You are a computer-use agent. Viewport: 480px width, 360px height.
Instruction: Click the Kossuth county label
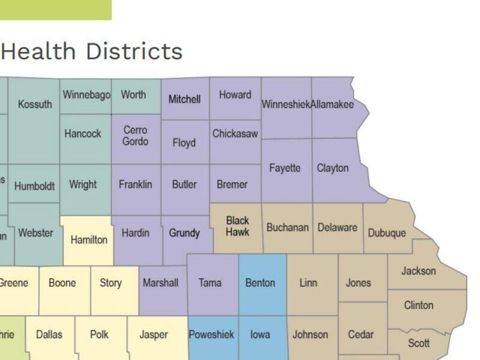[x=35, y=104]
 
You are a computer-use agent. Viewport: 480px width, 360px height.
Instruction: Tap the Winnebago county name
[x=86, y=95]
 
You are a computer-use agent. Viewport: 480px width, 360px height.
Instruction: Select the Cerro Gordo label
[x=135, y=136]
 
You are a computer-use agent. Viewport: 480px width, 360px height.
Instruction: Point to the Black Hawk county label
[x=238, y=226]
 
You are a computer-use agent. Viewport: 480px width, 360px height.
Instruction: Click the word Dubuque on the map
[x=386, y=233]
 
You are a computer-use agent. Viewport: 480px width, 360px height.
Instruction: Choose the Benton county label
[x=260, y=283]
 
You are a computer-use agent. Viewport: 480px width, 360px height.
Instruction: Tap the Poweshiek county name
[x=211, y=335]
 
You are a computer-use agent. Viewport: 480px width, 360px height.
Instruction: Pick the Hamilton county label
[x=89, y=240]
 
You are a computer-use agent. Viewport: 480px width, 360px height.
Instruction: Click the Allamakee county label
[x=332, y=104]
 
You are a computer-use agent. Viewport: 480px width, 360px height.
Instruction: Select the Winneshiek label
[x=286, y=104]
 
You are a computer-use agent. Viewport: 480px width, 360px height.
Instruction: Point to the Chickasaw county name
[x=235, y=134]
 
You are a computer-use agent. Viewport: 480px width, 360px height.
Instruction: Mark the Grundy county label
[x=184, y=233]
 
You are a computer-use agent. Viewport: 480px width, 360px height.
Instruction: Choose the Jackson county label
[x=419, y=271]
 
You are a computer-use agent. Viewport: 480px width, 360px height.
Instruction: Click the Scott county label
[x=419, y=343]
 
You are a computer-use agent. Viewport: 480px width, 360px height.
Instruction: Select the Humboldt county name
[x=35, y=186]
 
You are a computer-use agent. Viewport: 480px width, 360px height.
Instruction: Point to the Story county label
[x=110, y=283]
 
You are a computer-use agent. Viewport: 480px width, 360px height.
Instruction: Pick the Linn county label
[x=308, y=283]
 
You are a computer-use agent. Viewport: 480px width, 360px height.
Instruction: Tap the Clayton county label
[x=332, y=168]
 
